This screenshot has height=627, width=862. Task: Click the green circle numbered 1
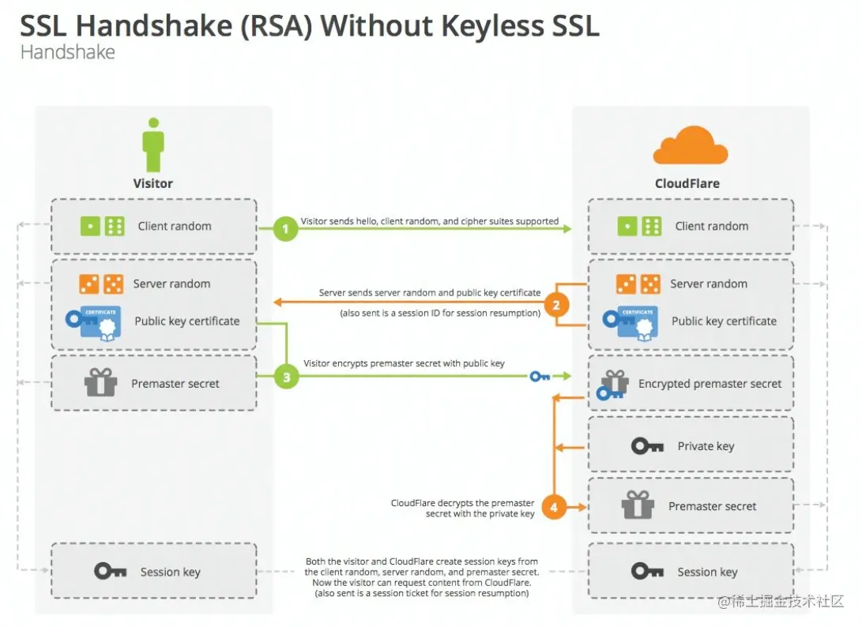(x=285, y=230)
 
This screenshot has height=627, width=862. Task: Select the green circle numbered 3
(x=286, y=377)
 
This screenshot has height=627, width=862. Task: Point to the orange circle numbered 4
(x=554, y=507)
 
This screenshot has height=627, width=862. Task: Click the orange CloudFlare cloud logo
(x=690, y=145)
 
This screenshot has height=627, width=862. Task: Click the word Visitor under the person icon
(x=152, y=183)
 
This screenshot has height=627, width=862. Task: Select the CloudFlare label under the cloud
(x=687, y=183)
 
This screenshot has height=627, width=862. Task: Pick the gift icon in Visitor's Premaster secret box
(x=100, y=383)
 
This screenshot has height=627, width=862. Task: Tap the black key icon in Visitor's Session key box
(x=111, y=571)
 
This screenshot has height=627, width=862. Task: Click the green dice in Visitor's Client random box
(x=104, y=227)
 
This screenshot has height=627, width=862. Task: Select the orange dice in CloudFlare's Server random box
(x=639, y=283)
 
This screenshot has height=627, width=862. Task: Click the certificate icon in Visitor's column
(x=94, y=321)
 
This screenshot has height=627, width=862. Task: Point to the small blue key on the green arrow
(x=540, y=377)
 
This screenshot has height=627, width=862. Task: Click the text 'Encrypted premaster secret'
(x=710, y=384)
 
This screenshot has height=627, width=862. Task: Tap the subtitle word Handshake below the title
(x=67, y=53)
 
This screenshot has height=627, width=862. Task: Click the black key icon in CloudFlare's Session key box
(x=647, y=571)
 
